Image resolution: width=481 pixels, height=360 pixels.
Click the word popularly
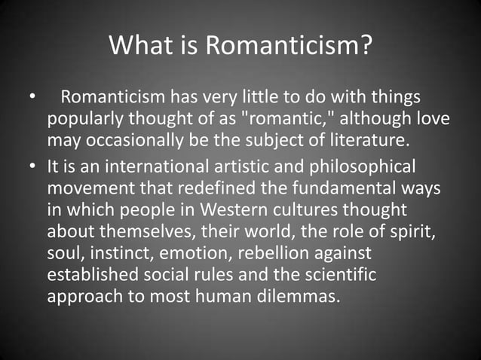[x=82, y=120]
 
